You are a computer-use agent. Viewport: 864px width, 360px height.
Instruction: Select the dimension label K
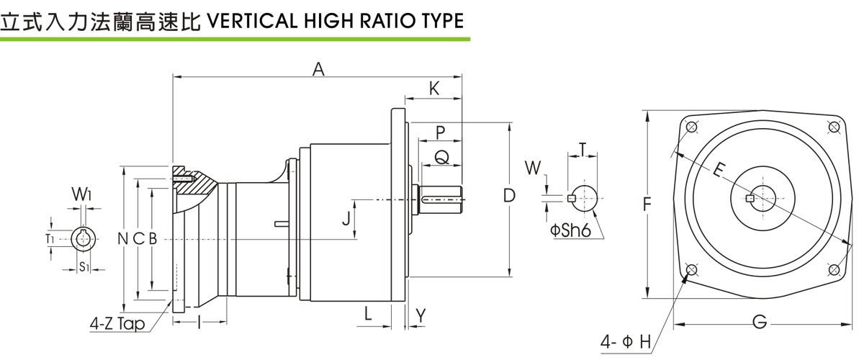(434, 88)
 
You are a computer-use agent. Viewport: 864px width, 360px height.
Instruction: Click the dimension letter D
(509, 196)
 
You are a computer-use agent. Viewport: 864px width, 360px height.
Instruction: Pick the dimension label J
(346, 217)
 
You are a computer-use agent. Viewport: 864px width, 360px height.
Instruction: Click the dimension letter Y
(421, 315)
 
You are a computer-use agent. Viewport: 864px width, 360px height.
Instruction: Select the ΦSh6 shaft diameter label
(571, 232)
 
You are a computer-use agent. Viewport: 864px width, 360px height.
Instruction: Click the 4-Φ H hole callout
(626, 341)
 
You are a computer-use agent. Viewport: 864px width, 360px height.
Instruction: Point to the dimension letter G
(760, 323)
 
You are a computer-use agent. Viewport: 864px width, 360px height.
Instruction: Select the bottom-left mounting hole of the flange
(692, 270)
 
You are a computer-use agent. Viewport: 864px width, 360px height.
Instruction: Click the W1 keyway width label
(81, 194)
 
